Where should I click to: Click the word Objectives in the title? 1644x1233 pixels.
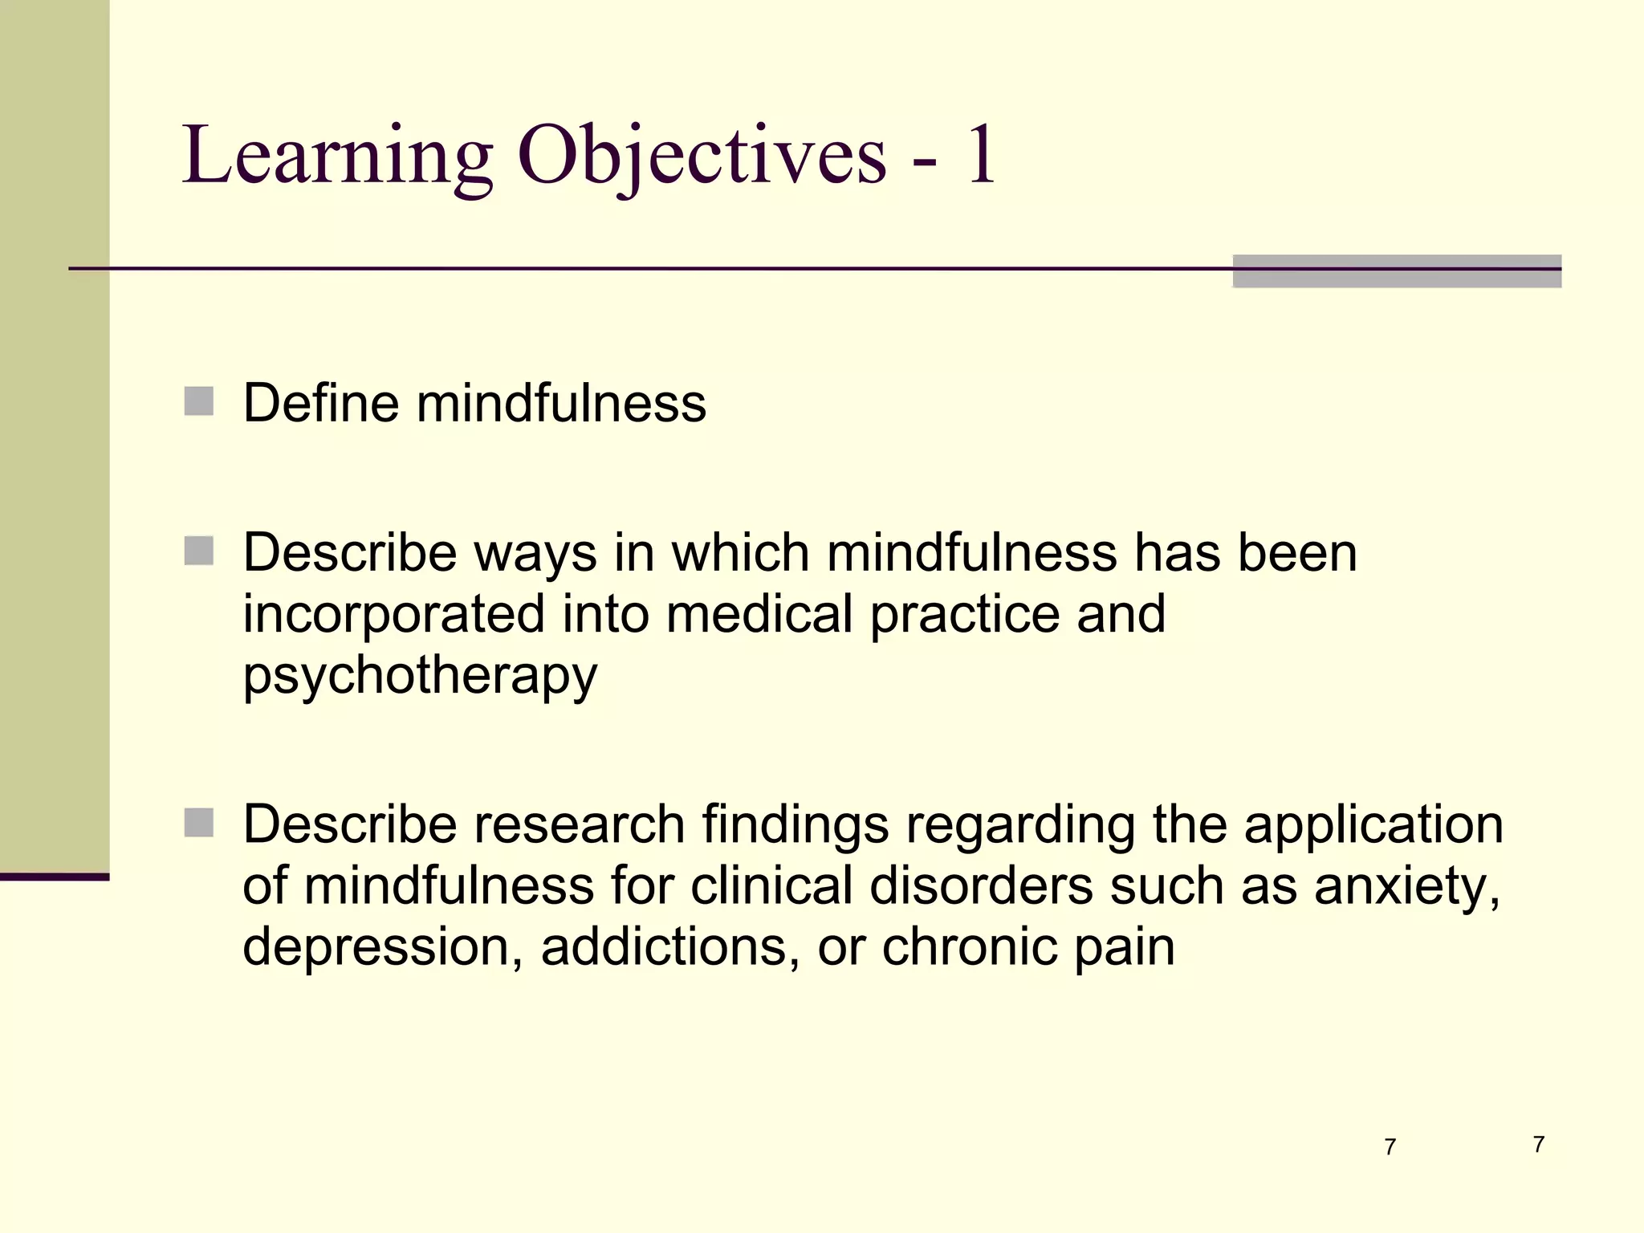[x=702, y=157]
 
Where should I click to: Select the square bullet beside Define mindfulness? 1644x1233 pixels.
[x=199, y=401]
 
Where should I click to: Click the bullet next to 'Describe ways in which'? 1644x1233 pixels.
[x=199, y=551]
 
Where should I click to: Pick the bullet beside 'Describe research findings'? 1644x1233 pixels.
[x=199, y=823]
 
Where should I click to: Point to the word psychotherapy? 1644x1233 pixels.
[x=420, y=676]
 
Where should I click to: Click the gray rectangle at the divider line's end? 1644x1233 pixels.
[x=1397, y=271]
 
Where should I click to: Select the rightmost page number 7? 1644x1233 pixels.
[x=1538, y=1144]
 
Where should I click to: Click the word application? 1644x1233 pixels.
[x=1373, y=826]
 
